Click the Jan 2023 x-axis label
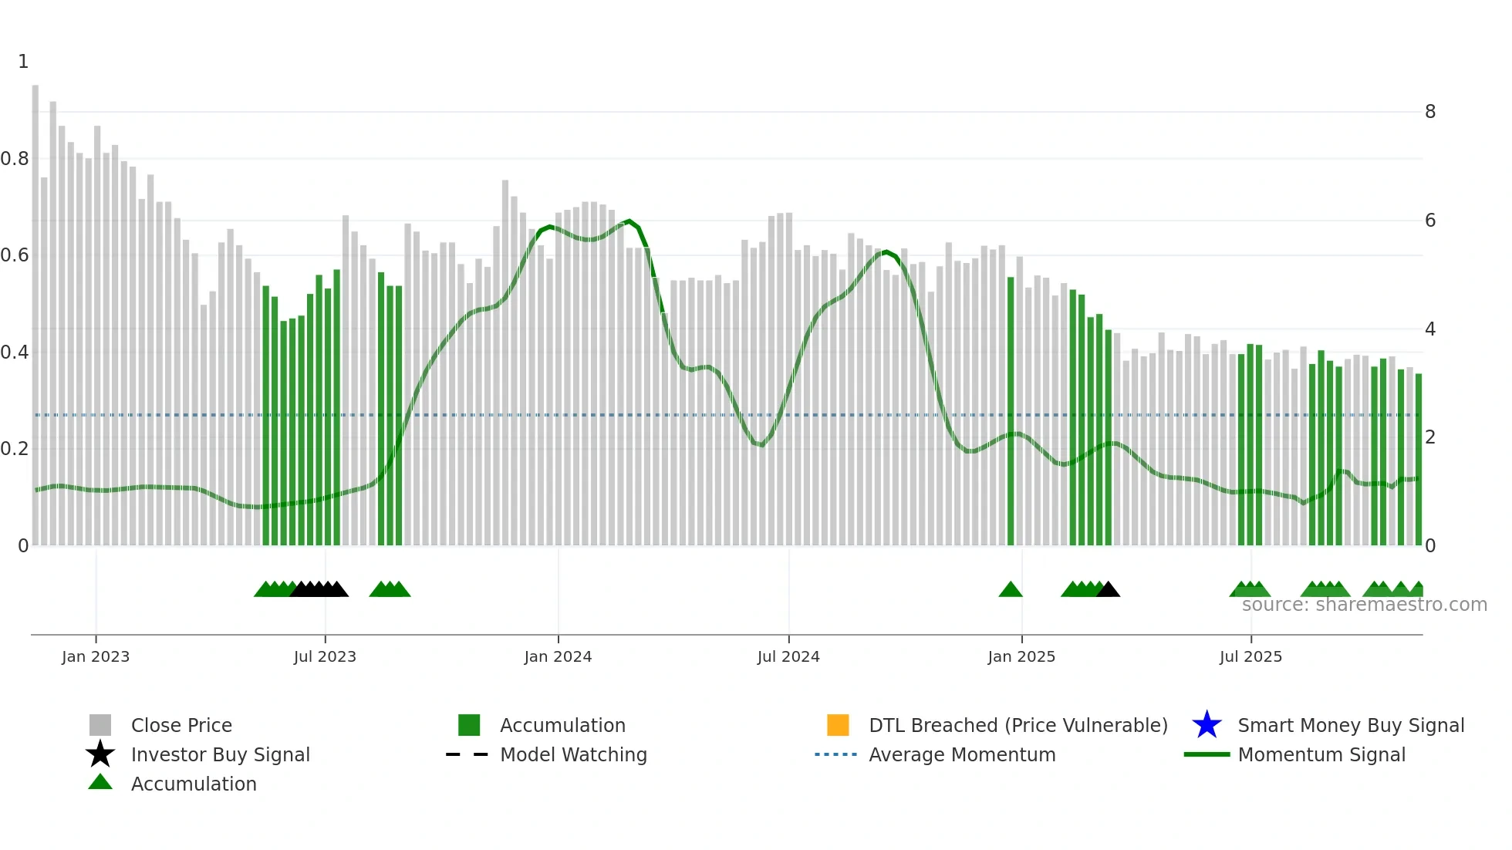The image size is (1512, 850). tap(96, 656)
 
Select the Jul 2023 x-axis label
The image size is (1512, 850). tap(325, 656)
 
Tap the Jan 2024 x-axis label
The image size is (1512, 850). tap(558, 656)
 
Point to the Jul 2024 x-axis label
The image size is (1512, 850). tap(788, 656)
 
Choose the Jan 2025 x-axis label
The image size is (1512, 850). tap(1021, 656)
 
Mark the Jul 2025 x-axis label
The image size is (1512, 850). tap(1250, 656)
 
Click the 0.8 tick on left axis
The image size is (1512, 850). tap(15, 159)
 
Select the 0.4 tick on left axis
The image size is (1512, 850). tap(15, 352)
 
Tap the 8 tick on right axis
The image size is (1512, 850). tap(1430, 112)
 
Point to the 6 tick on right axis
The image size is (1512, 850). tap(1430, 221)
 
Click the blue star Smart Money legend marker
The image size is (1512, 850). tap(1207, 725)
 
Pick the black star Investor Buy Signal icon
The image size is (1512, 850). tap(100, 754)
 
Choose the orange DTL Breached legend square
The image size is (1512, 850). tap(838, 725)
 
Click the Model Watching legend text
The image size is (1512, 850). tap(573, 754)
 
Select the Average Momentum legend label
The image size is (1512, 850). tap(962, 754)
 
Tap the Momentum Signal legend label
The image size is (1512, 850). tap(1321, 754)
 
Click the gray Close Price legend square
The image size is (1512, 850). tap(100, 725)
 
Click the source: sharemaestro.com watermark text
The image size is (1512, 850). tap(1364, 605)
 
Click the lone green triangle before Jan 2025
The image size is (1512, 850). tap(1011, 590)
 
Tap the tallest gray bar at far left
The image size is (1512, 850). tap(35, 309)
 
